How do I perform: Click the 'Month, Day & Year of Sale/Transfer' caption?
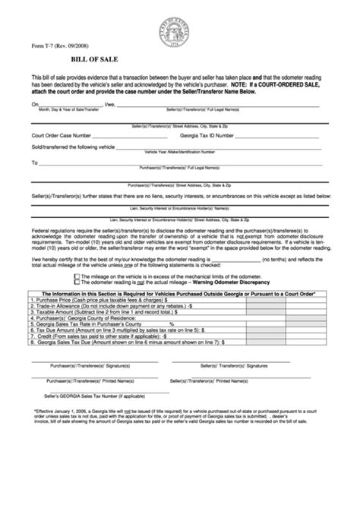[69, 109]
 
